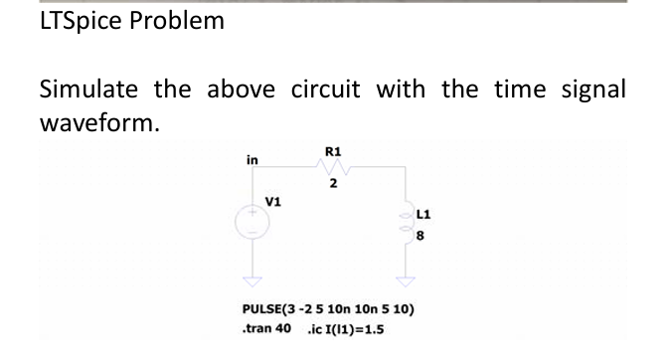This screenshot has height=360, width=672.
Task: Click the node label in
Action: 252,159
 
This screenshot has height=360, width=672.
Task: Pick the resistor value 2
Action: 334,184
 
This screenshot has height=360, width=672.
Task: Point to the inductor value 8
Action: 420,237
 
